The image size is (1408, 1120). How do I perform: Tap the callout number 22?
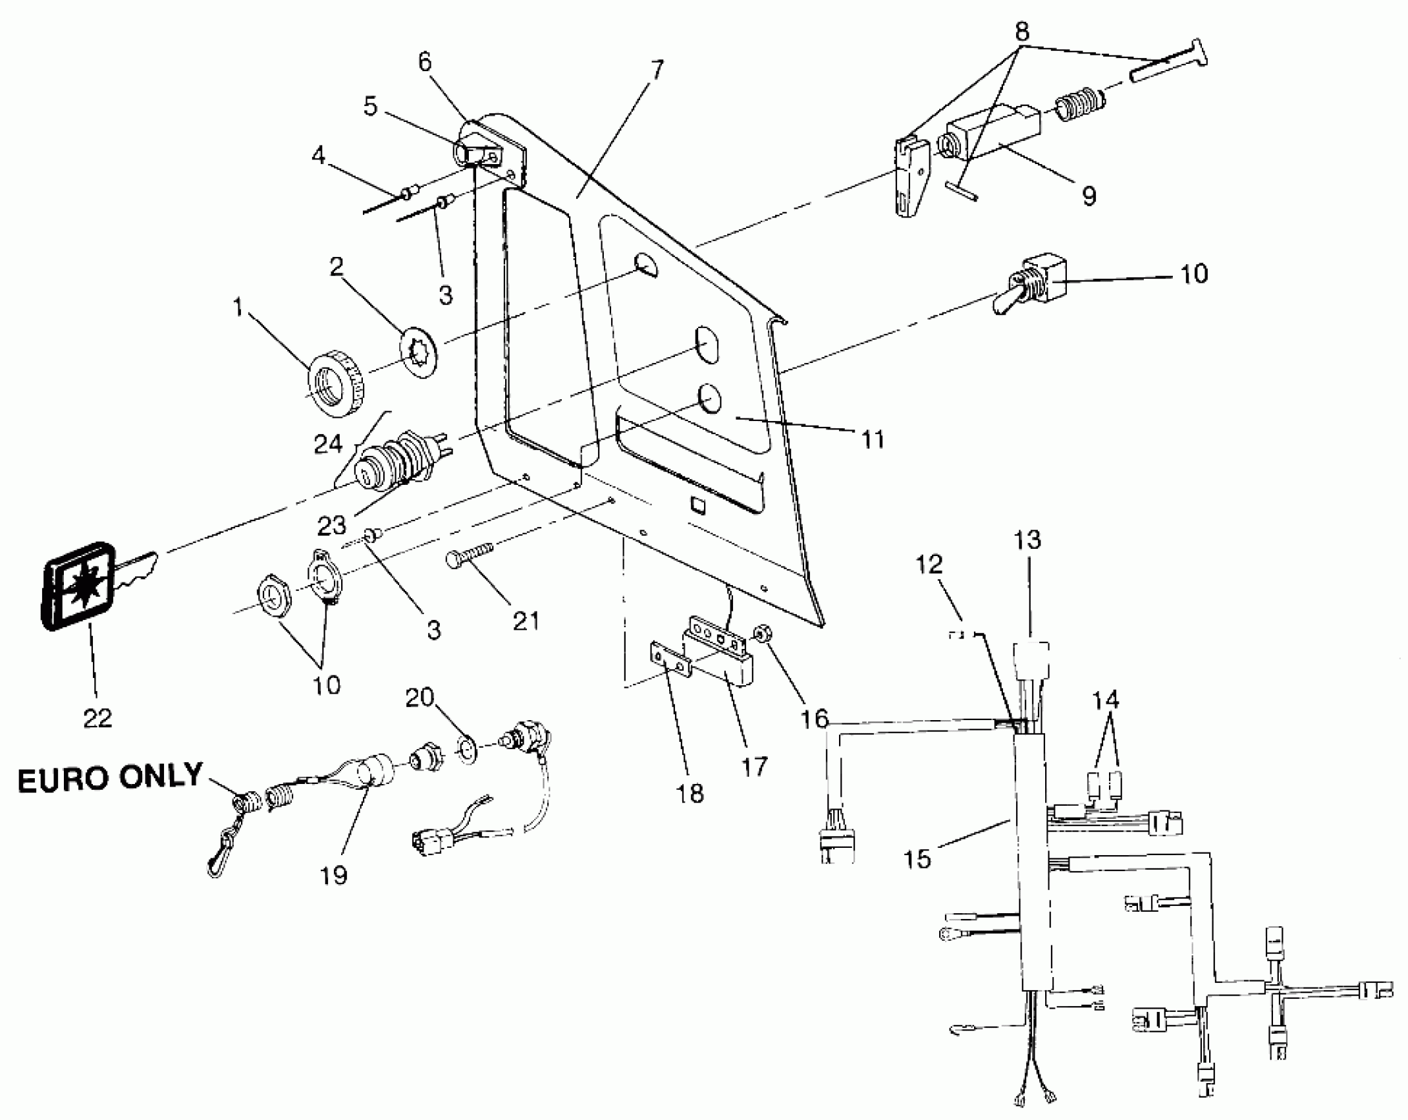[97, 717]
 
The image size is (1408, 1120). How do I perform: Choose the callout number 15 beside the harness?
[917, 858]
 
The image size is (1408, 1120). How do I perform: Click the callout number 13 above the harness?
[1027, 540]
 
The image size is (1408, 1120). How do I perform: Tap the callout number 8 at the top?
[1021, 32]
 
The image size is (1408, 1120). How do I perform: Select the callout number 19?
[333, 875]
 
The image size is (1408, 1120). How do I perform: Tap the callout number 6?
[425, 62]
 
